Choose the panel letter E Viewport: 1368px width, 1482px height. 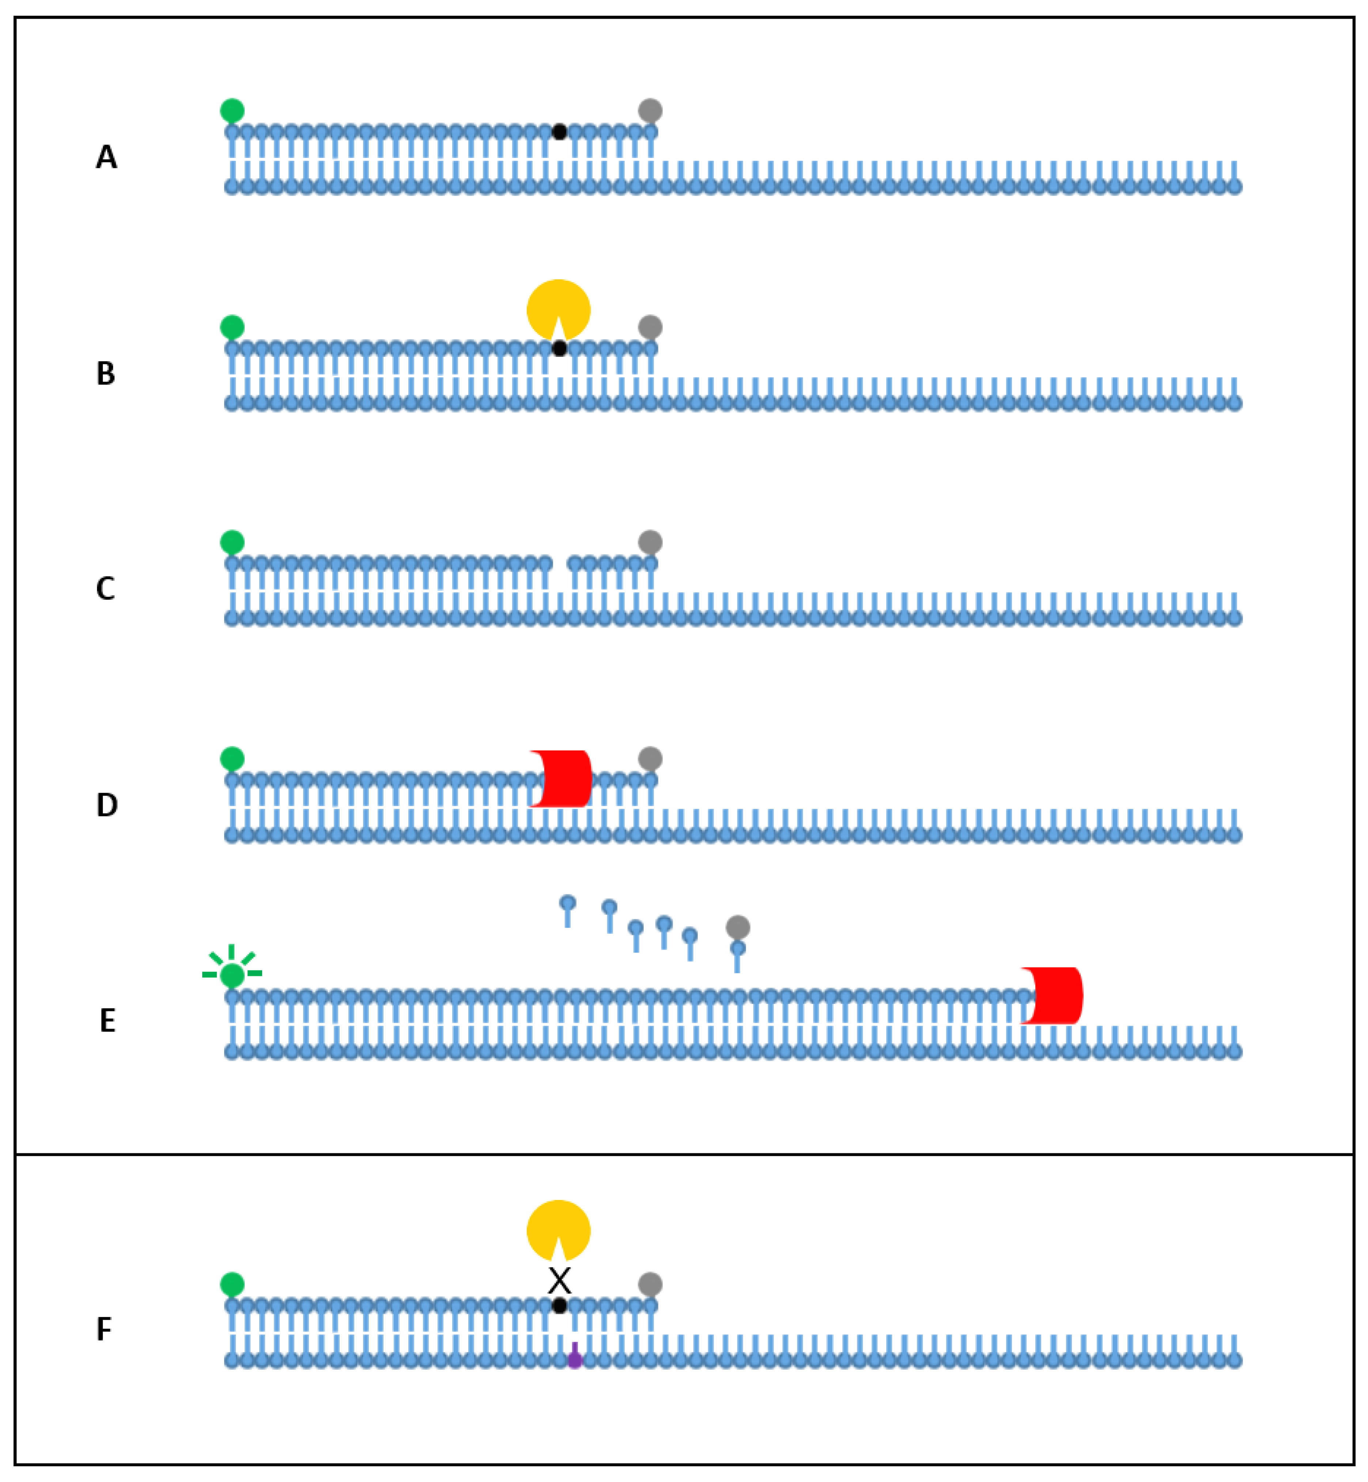coord(107,1021)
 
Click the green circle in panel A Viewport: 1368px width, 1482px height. coord(233,110)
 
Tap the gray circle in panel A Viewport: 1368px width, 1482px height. coord(650,110)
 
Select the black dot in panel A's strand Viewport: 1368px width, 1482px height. coord(560,132)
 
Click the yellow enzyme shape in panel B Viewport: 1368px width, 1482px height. coord(558,309)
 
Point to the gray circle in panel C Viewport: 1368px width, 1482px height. coord(650,542)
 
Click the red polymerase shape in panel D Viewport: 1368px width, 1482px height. coord(563,779)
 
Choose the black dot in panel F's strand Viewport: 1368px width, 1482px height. coord(560,1306)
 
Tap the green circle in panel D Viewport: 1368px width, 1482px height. coord(233,759)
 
